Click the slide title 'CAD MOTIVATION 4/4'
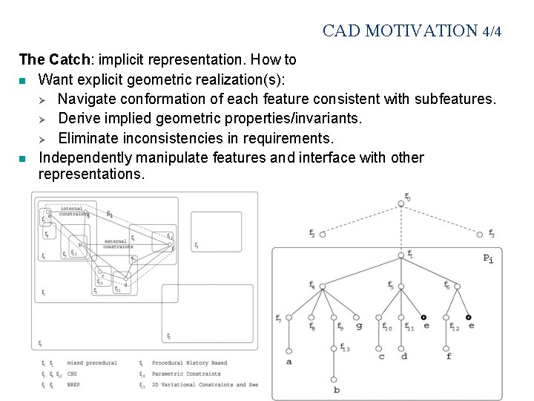(412, 31)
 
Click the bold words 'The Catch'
(46, 59)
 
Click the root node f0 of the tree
(400, 203)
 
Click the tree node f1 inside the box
(400, 255)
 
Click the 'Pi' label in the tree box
(488, 258)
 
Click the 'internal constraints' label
(72, 212)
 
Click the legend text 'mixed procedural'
(92, 363)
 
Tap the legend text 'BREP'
(73, 385)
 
